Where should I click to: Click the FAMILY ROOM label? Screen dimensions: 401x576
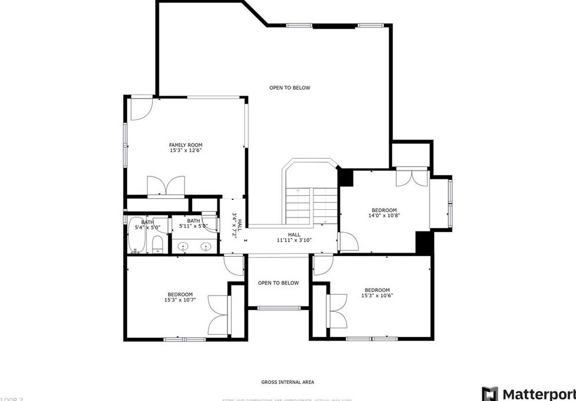pyautogui.click(x=186, y=145)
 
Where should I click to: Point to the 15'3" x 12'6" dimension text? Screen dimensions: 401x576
pyautogui.click(x=186, y=151)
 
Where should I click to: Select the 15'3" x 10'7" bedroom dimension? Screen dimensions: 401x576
pyautogui.click(x=180, y=300)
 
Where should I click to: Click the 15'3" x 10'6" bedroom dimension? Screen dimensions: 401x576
pyautogui.click(x=377, y=295)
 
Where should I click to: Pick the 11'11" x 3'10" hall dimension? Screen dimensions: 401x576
pyautogui.click(x=294, y=240)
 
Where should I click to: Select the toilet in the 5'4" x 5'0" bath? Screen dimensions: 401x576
pyautogui.click(x=157, y=245)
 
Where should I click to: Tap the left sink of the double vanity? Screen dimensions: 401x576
pyautogui.click(x=183, y=247)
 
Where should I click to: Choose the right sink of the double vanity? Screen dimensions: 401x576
pyautogui.click(x=206, y=247)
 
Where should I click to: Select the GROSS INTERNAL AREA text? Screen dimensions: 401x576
pyautogui.click(x=287, y=382)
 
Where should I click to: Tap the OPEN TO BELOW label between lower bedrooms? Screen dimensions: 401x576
pyautogui.click(x=278, y=283)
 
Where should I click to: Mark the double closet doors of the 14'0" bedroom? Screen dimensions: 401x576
pyautogui.click(x=412, y=177)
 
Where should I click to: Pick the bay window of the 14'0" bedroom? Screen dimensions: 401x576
pyautogui.click(x=450, y=201)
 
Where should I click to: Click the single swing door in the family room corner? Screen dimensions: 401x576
pyautogui.click(x=141, y=109)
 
